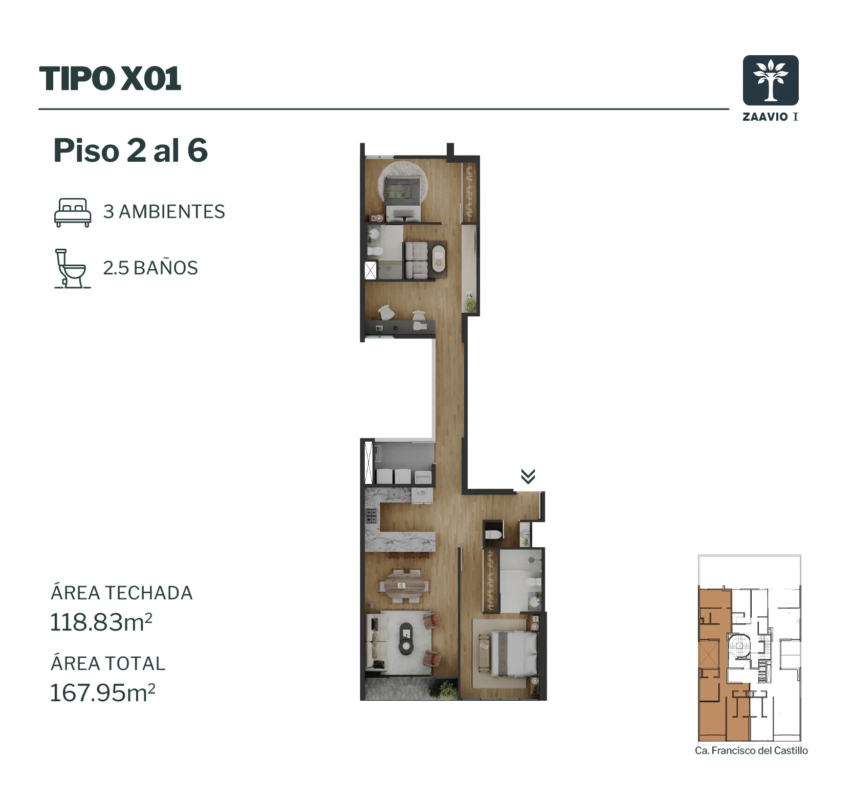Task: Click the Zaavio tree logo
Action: tap(770, 80)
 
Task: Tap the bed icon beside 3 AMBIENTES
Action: tap(73, 212)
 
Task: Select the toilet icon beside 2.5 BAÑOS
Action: tap(71, 269)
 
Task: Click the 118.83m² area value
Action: tap(101, 622)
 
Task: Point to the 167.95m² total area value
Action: tap(102, 693)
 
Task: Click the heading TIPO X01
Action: tap(110, 79)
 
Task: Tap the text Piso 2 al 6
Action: tap(130, 150)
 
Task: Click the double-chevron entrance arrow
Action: tap(528, 477)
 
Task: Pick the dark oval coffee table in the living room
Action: tap(406, 639)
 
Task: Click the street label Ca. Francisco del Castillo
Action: tap(751, 750)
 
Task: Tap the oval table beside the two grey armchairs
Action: tap(439, 260)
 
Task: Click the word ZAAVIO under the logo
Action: tap(765, 117)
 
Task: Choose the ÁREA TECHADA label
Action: tap(122, 593)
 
